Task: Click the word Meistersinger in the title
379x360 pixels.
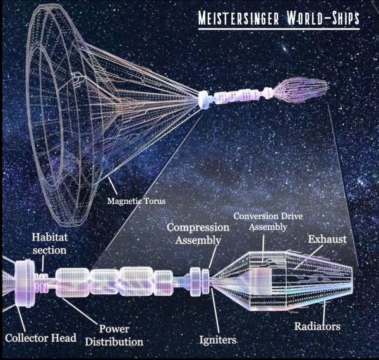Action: pyautogui.click(x=239, y=18)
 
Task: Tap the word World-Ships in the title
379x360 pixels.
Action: pyautogui.click(x=323, y=18)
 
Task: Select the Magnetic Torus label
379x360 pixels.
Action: pyautogui.click(x=136, y=201)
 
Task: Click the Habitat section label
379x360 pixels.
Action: pyautogui.click(x=49, y=244)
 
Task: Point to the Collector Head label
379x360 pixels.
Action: pyautogui.click(x=40, y=338)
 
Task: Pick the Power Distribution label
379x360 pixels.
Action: pyautogui.click(x=114, y=335)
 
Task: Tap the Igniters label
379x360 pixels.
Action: pyautogui.click(x=218, y=340)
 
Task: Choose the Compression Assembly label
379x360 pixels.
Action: pyautogui.click(x=198, y=234)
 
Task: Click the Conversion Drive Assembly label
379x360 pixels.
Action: pyautogui.click(x=268, y=221)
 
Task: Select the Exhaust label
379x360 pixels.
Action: pyautogui.click(x=327, y=239)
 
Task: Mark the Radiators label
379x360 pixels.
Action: pyautogui.click(x=317, y=327)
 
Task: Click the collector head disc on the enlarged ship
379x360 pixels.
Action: pyautogui.click(x=25, y=283)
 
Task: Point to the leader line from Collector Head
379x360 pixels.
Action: pyautogui.click(x=21, y=318)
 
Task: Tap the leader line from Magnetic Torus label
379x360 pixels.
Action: pyautogui.click(x=112, y=186)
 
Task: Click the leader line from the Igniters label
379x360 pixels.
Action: pyautogui.click(x=215, y=310)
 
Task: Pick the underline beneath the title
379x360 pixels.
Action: pyautogui.click(x=279, y=29)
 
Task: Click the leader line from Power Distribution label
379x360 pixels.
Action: pyautogui.click(x=80, y=311)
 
